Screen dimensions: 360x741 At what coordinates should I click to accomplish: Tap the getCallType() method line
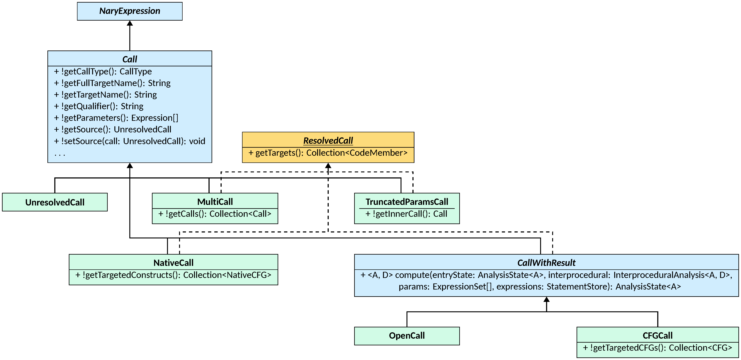coord(103,71)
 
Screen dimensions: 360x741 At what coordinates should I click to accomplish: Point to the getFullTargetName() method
coord(112,83)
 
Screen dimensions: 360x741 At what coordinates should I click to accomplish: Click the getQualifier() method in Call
coord(99,106)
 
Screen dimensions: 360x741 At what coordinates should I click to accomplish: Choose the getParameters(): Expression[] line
coord(116,118)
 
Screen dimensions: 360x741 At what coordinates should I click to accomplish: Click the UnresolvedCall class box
coord(55,202)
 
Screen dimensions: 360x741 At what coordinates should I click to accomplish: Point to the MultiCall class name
coord(215,202)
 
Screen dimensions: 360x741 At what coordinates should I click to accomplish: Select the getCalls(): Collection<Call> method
coord(215,214)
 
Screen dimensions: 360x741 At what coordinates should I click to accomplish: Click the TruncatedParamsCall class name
coord(407,202)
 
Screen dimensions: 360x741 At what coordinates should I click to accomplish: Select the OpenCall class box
coord(407,336)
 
